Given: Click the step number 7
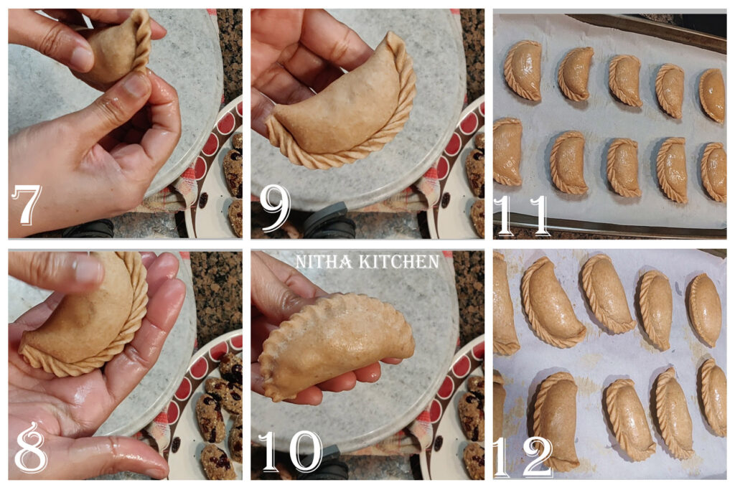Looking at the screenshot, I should pos(27,206).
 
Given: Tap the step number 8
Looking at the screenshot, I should pos(31,449).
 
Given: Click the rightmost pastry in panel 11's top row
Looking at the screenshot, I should pos(713,95).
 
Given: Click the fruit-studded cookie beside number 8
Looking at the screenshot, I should pos(212,416).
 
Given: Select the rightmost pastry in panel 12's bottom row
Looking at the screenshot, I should pos(713,396).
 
